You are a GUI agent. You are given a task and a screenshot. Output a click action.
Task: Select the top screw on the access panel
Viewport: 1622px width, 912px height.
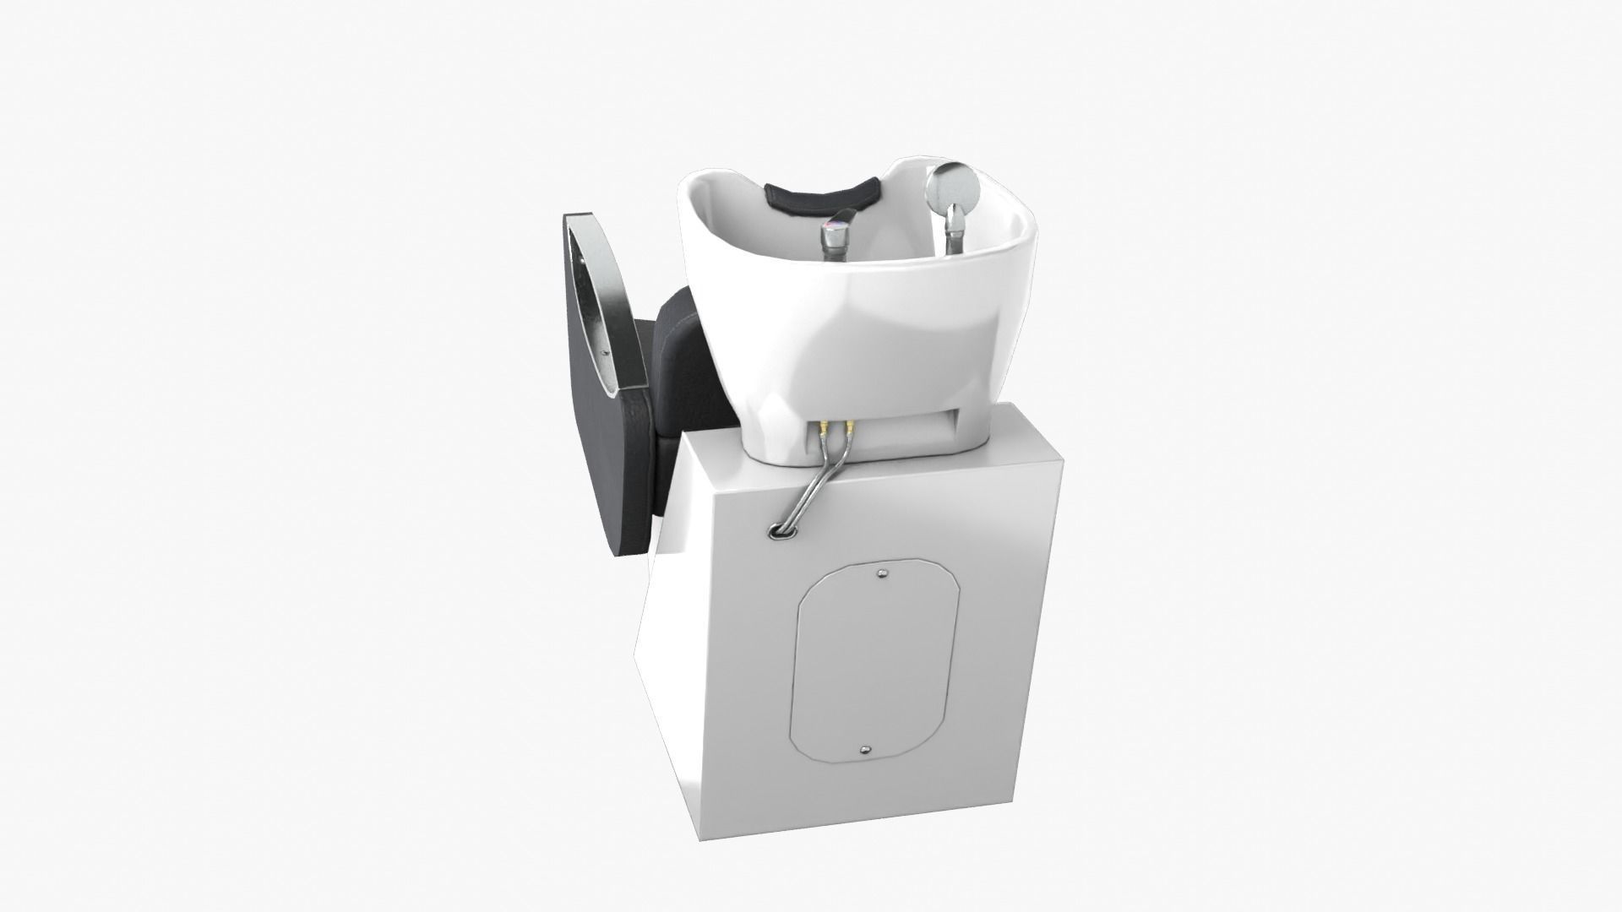[882, 573]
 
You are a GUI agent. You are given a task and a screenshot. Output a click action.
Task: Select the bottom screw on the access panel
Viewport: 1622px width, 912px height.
[864, 726]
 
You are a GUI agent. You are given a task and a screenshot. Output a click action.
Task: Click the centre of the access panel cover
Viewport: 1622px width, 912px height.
[874, 650]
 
